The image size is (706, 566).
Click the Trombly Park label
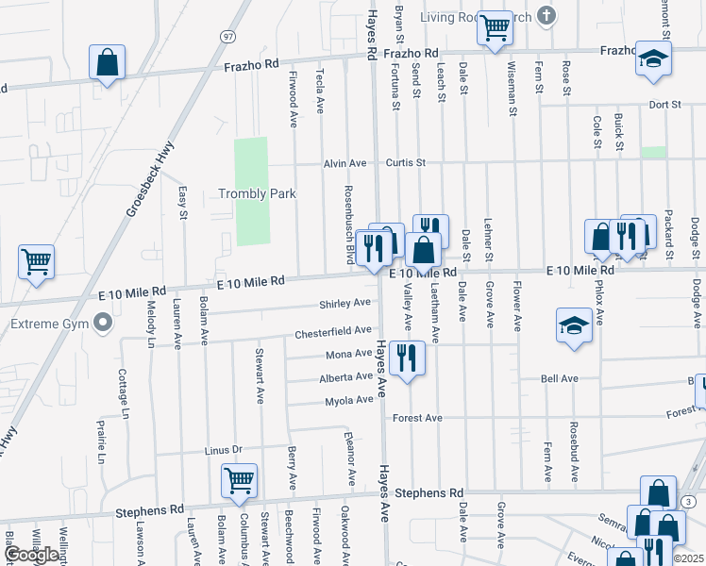click(258, 194)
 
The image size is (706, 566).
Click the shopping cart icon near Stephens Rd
click(239, 480)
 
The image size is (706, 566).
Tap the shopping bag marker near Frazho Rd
click(108, 62)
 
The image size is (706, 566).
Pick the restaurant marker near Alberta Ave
click(407, 358)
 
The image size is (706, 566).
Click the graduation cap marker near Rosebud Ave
click(573, 325)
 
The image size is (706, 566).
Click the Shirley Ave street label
click(345, 303)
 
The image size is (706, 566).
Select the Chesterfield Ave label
click(333, 331)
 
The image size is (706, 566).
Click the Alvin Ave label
click(345, 163)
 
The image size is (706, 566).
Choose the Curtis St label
click(406, 162)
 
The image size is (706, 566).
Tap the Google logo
click(31, 555)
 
